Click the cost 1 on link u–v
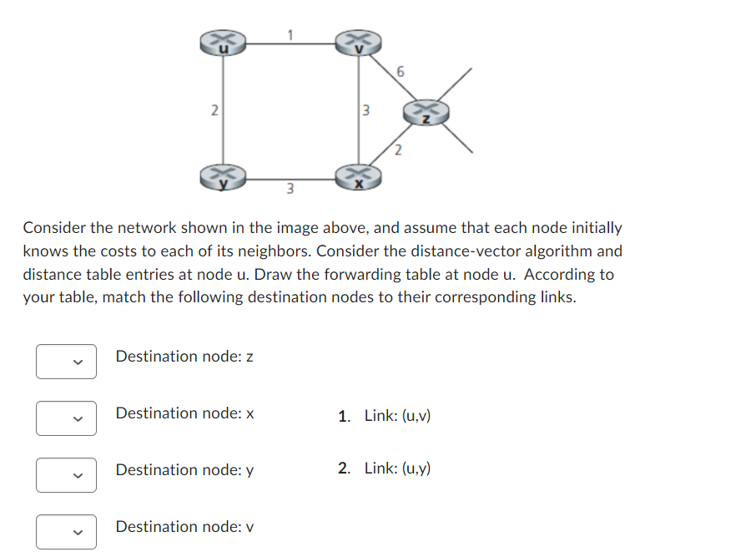(x=291, y=34)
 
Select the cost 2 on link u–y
(x=214, y=109)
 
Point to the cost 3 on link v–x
(x=365, y=109)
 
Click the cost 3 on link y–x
(x=290, y=188)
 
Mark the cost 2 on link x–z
(x=398, y=150)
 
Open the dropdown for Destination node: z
(x=66, y=362)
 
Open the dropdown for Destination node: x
(x=66, y=418)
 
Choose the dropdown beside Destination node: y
(x=66, y=475)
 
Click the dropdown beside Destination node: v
(x=66, y=532)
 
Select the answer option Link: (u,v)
(x=397, y=415)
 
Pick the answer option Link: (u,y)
(x=397, y=468)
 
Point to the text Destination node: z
(x=184, y=357)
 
